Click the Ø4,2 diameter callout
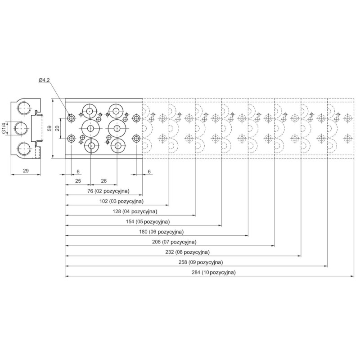(44, 80)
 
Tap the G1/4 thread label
(4, 128)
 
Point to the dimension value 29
(25, 171)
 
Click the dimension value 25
(78, 181)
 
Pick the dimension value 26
(103, 181)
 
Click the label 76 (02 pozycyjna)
(108, 191)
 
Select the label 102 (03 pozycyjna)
(121, 202)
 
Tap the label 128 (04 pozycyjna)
(134, 212)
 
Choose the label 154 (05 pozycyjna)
(147, 222)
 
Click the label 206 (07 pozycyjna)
(173, 242)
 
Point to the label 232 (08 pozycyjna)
(186, 252)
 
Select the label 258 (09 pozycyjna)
(199, 262)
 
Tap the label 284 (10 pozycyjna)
(212, 273)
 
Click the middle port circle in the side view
(20, 128)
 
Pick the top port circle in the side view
(24, 108)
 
